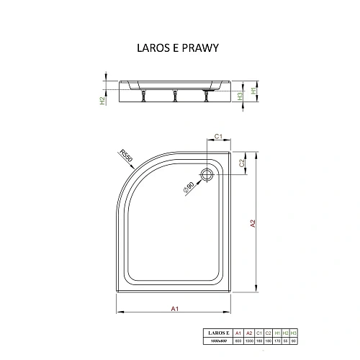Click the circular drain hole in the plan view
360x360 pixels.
[x=210, y=173]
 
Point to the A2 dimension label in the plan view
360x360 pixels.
[x=253, y=224]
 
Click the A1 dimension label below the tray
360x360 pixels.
[x=174, y=310]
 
